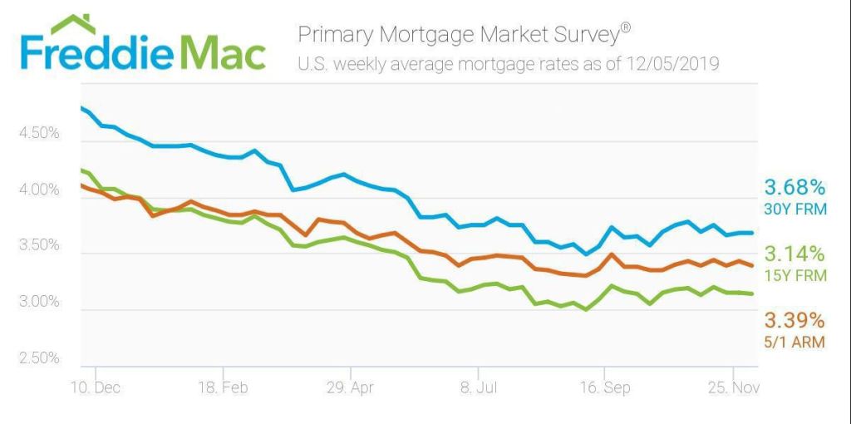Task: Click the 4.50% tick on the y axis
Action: [39, 134]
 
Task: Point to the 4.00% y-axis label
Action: [39, 190]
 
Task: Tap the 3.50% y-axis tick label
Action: [39, 246]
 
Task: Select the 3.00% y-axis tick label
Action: [39, 302]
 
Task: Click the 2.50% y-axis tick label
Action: [39, 358]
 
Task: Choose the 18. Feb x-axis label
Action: [223, 387]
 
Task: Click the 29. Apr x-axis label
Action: [351, 387]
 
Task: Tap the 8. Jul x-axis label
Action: [477, 387]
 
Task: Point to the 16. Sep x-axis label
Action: [604, 387]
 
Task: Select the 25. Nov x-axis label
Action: [731, 387]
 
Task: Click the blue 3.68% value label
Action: [795, 186]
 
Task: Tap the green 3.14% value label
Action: [795, 253]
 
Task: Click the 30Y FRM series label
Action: [795, 209]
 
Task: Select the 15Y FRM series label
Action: [795, 275]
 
